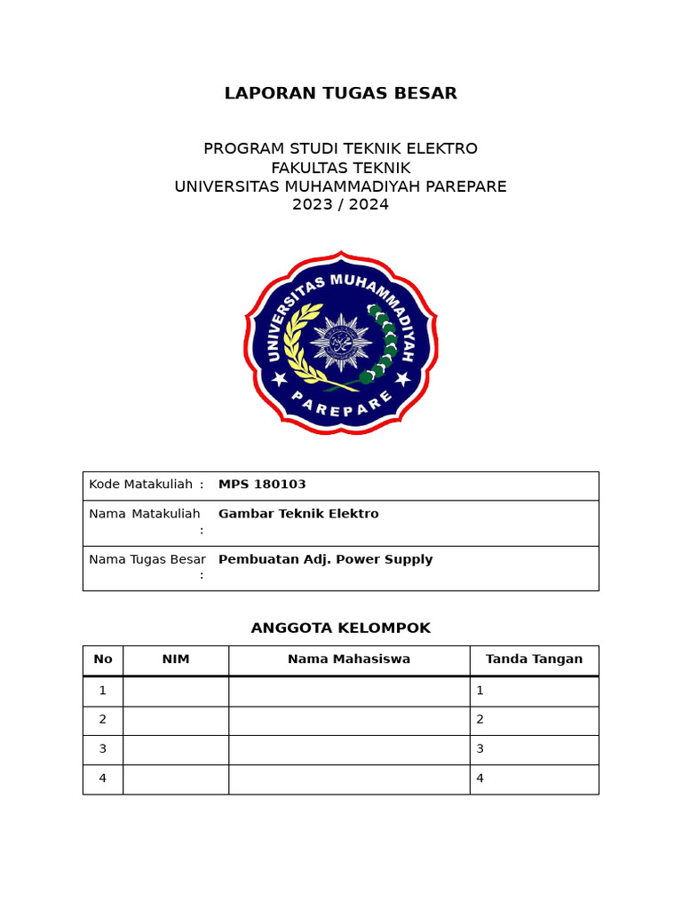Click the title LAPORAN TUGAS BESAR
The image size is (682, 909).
340,93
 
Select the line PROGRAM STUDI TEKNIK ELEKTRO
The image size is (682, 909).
340,148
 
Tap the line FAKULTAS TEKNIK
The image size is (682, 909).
340,168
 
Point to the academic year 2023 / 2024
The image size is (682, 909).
340,205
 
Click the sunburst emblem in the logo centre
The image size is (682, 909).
340,342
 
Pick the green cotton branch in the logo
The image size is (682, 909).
382,346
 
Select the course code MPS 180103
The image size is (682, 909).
262,484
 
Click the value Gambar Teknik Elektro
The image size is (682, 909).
298,514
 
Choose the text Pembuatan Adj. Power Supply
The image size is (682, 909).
325,559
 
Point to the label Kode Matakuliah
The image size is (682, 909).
141,484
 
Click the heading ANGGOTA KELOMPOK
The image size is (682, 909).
340,628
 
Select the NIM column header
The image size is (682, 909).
176,660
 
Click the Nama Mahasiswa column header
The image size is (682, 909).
349,660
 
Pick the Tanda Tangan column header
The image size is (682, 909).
534,660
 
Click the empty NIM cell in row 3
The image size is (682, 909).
176,749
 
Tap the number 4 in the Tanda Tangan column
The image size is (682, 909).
480,779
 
